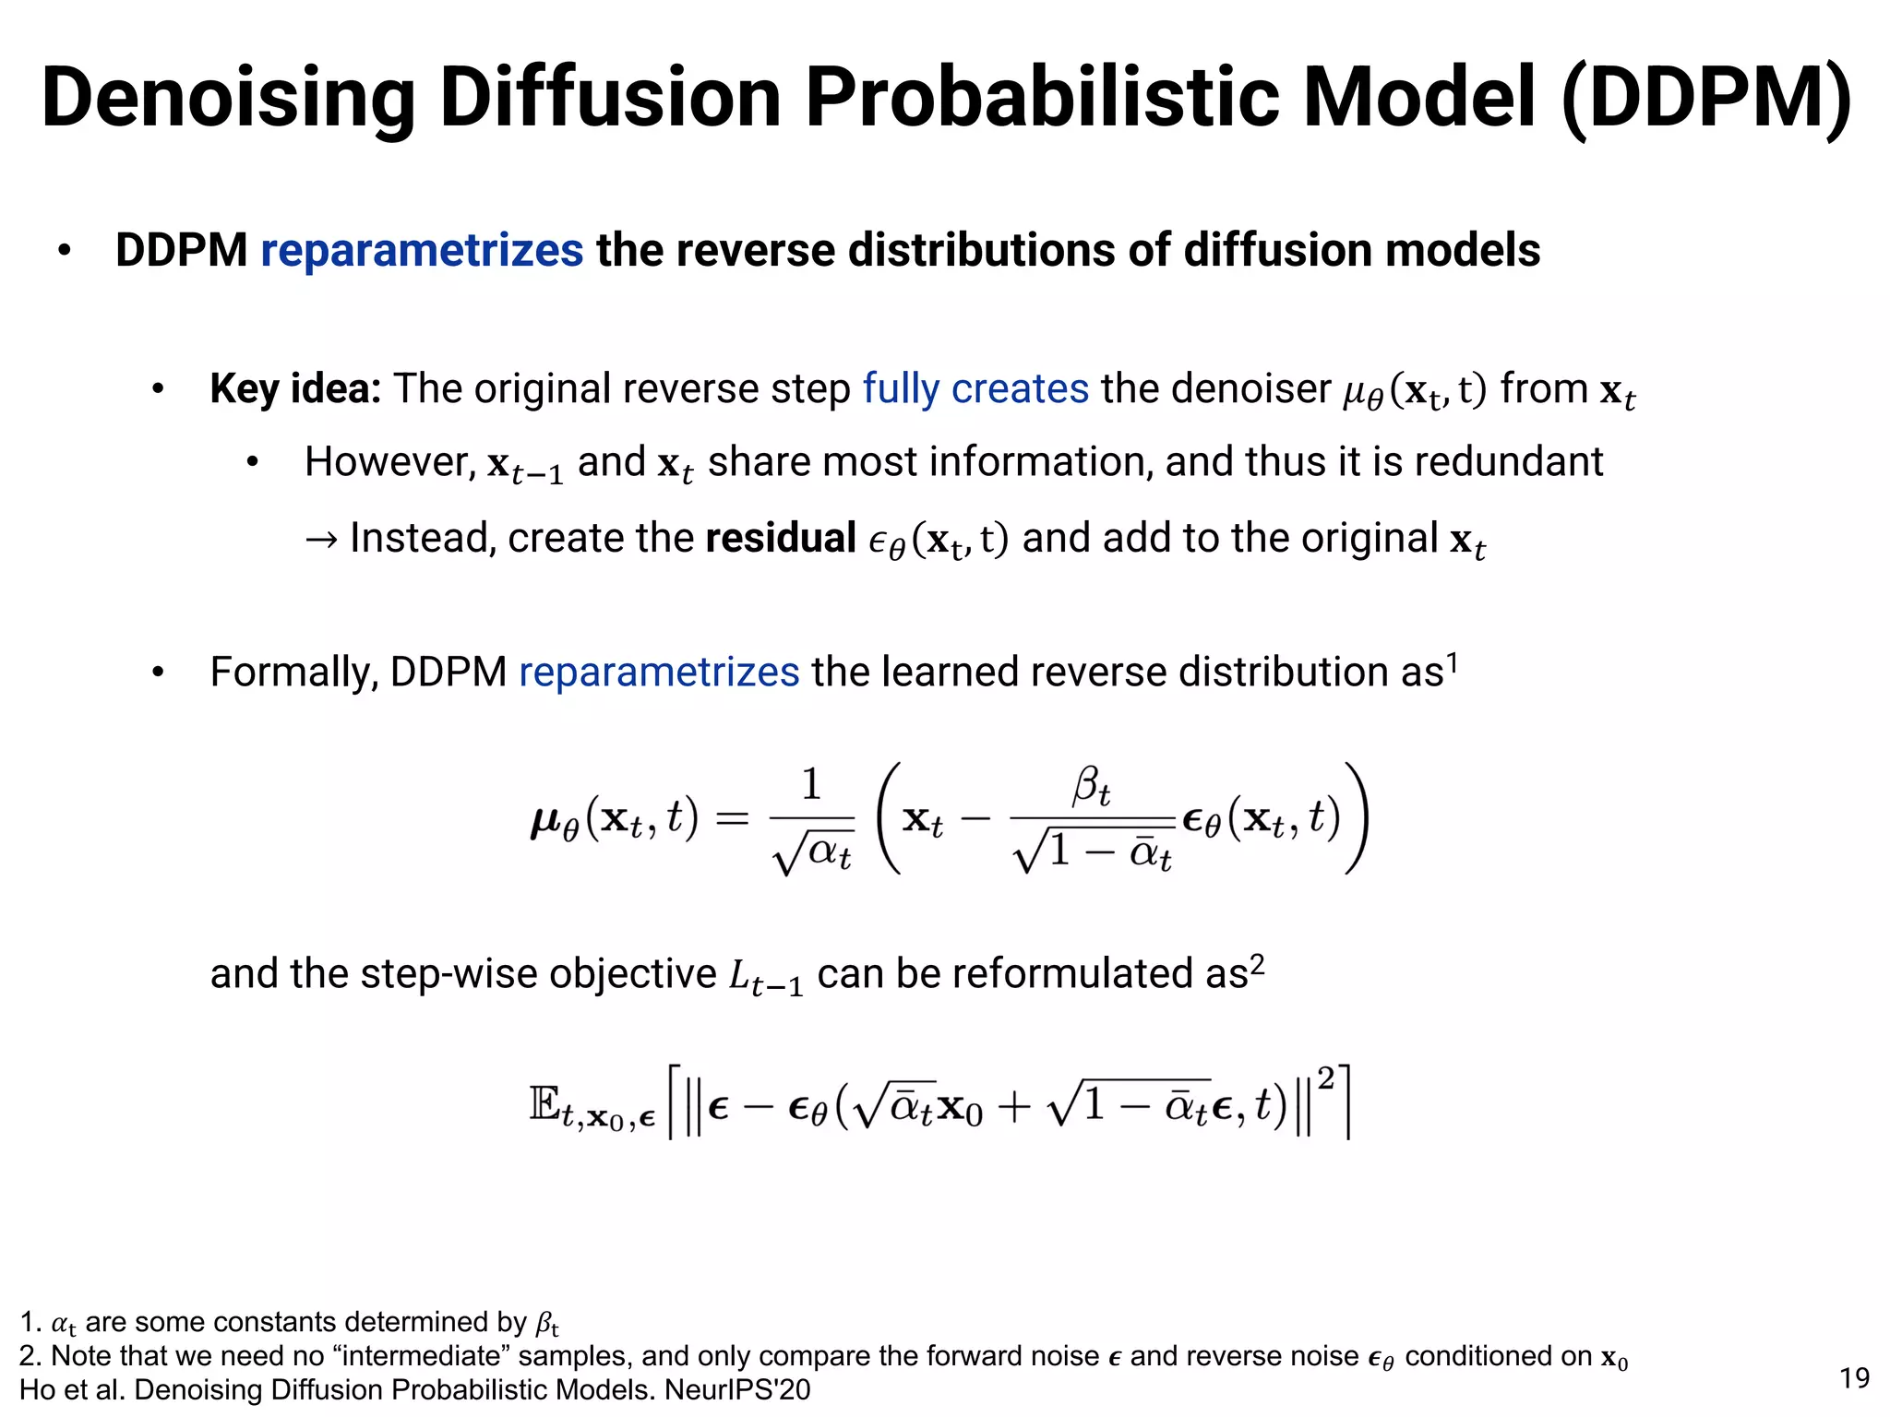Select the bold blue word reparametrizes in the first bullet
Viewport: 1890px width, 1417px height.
coord(422,251)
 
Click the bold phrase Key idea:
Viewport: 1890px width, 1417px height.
coord(295,388)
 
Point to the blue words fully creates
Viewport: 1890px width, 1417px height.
coord(975,388)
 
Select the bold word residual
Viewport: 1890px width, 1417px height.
coord(781,538)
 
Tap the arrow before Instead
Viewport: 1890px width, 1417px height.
coord(321,539)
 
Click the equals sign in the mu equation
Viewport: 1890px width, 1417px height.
coord(732,818)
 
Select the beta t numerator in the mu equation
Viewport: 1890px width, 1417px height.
coord(1091,787)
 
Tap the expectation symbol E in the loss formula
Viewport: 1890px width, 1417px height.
coord(544,1103)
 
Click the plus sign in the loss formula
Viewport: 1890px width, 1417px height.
coord(1014,1106)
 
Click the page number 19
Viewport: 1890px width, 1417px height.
coord(1854,1378)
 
